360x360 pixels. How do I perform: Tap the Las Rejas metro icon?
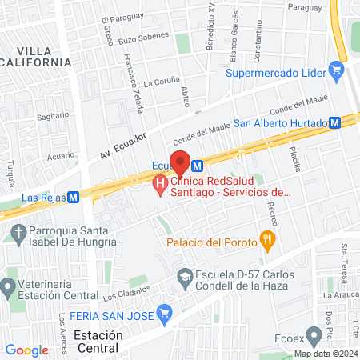[x=73, y=196]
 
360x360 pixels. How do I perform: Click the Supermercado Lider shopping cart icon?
[x=336, y=74]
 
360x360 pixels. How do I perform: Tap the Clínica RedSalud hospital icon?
[x=159, y=186]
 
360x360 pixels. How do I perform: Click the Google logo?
[x=26, y=350]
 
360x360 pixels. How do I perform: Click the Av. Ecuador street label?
[x=123, y=143]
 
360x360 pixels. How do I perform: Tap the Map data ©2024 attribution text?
[x=325, y=354]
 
